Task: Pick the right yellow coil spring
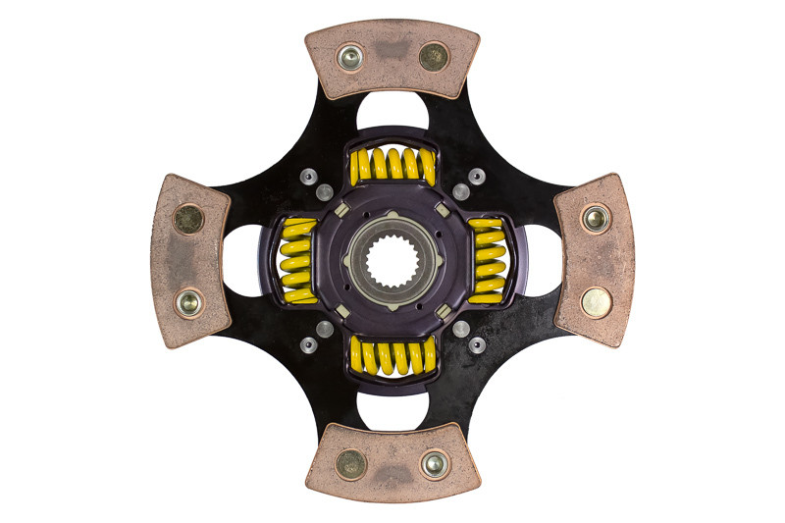(x=486, y=261)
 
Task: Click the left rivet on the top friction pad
(x=349, y=58)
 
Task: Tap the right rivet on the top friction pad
(x=433, y=56)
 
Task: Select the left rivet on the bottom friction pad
(x=350, y=463)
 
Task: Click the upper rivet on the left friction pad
(x=188, y=219)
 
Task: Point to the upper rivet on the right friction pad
(x=595, y=218)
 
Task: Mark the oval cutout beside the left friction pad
(x=243, y=261)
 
